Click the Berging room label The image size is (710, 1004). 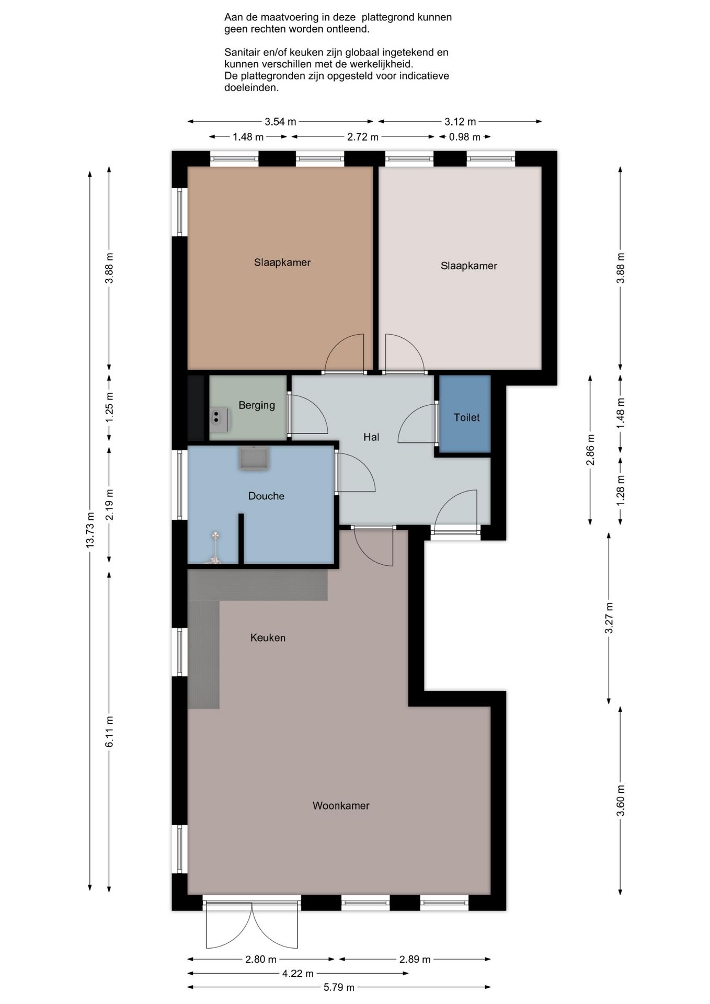[x=256, y=405]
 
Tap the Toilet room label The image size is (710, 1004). [x=466, y=417]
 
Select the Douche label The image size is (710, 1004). [x=266, y=496]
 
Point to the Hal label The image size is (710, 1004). [x=371, y=437]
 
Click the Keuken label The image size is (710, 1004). [x=268, y=637]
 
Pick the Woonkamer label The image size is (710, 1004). [x=341, y=806]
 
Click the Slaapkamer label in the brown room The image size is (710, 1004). [x=282, y=263]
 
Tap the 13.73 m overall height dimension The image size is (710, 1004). [x=90, y=530]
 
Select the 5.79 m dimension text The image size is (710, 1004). [x=339, y=987]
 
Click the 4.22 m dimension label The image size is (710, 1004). [x=298, y=973]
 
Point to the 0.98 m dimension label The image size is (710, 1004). [x=464, y=137]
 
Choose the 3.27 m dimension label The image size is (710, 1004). [x=609, y=618]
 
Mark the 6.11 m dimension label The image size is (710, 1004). [x=109, y=732]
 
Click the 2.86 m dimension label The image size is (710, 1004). [x=590, y=450]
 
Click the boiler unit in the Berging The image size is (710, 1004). [x=220, y=419]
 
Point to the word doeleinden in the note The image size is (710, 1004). [x=251, y=88]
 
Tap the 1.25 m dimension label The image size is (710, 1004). [x=109, y=408]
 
